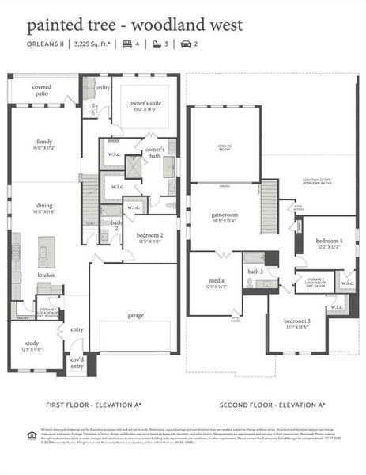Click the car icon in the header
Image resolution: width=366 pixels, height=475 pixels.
(187, 45)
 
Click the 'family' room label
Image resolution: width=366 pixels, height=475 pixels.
(43, 142)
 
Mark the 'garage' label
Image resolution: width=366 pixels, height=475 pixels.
(136, 316)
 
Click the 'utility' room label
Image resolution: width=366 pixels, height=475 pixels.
(102, 88)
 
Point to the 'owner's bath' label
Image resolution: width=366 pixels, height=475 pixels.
(155, 152)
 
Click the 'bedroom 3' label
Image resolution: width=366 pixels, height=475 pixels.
(297, 321)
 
